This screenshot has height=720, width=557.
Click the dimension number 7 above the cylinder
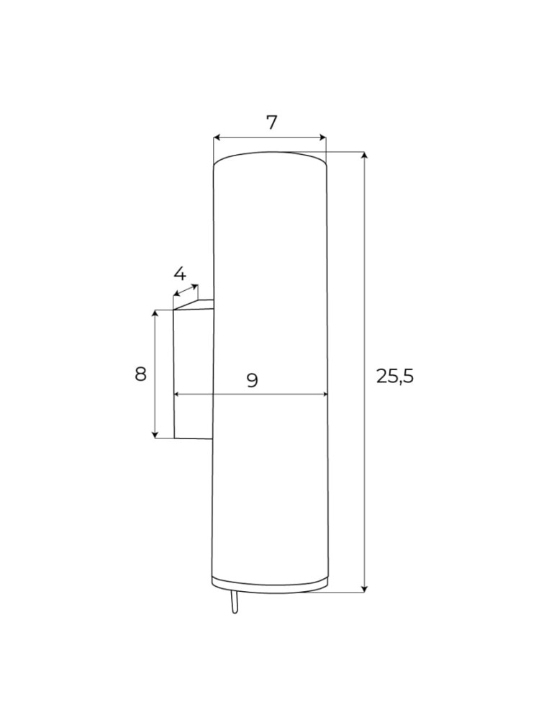click(271, 122)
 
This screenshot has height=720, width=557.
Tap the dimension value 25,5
click(395, 376)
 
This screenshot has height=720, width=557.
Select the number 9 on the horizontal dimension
click(253, 380)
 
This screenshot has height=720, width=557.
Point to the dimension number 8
click(141, 374)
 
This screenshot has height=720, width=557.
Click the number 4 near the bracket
click(180, 274)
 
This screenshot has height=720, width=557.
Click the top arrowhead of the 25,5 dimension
click(365, 156)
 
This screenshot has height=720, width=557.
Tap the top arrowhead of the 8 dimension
click(155, 314)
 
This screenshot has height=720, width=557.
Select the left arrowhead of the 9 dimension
click(177, 395)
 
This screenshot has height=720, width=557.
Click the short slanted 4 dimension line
click(186, 291)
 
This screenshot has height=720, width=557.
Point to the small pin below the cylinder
click(233, 603)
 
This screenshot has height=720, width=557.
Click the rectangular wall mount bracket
click(193, 374)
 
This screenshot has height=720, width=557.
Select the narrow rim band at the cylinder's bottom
click(270, 582)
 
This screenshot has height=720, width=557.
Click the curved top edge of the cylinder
click(270, 153)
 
